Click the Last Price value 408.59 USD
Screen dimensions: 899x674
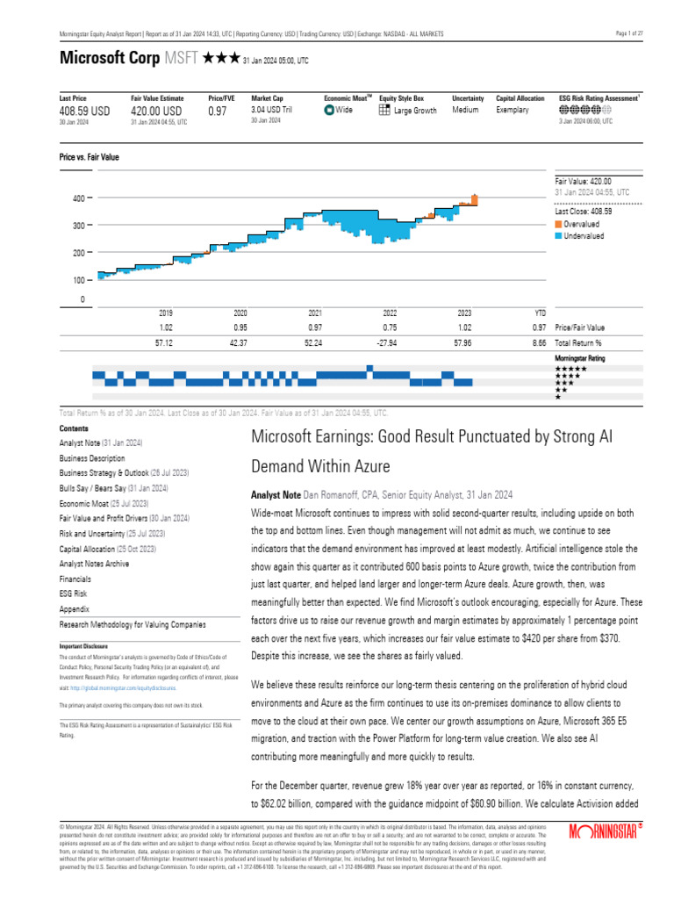[x=85, y=111]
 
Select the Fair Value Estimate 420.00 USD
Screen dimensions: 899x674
[x=157, y=111]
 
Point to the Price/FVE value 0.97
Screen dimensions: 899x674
[x=217, y=111]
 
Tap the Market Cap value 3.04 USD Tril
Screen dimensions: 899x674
[x=272, y=111]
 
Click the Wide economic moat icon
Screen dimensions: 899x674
[x=329, y=111]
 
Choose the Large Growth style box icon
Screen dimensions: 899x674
[x=384, y=111]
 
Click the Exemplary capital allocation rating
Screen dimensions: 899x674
[x=513, y=111]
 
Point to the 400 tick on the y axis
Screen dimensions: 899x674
[x=79, y=199]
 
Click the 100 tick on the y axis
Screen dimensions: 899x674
[x=79, y=280]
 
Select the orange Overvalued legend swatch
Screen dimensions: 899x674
[x=558, y=224]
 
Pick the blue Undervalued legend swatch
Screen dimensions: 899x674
[x=558, y=236]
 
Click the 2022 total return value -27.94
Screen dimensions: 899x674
[x=390, y=342]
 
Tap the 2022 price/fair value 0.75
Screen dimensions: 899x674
[x=390, y=327]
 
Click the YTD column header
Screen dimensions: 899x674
[x=540, y=313]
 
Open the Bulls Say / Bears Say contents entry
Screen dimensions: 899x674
[x=113, y=487]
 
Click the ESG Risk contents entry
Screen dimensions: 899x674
[x=73, y=593]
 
